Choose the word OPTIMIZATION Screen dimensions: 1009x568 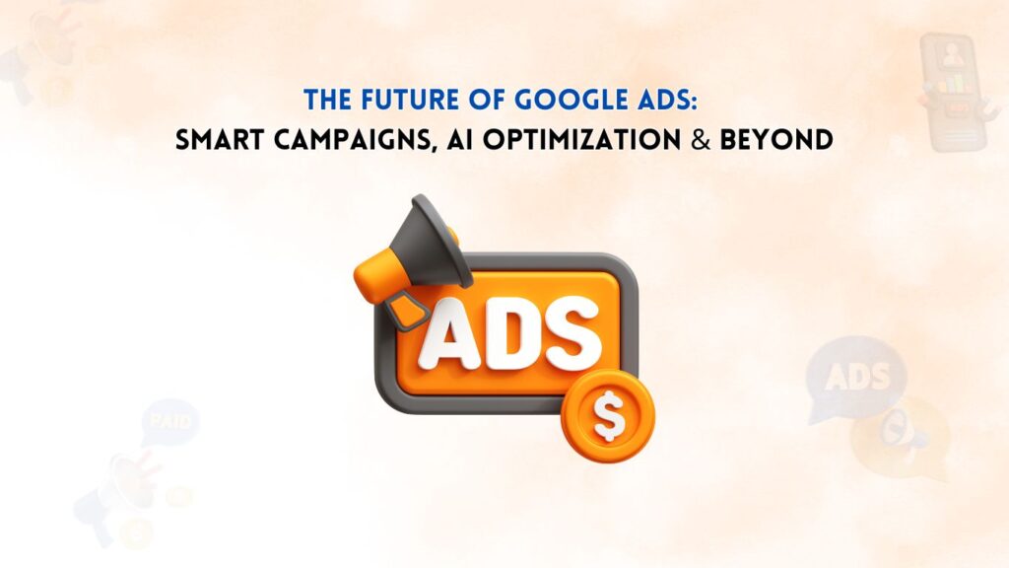point(581,140)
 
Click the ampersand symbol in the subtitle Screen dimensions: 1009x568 point(701,140)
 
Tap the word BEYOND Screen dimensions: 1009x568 point(776,140)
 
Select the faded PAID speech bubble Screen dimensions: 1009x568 point(170,422)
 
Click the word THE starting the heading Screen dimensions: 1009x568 point(327,100)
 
